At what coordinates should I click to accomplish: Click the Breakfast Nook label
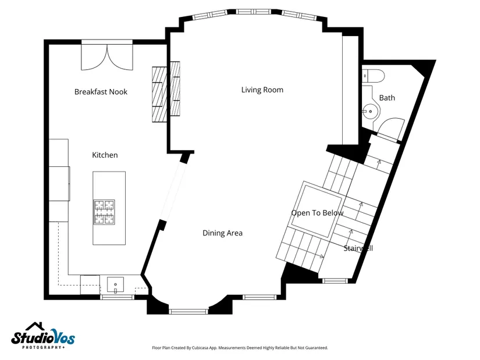tap(101, 92)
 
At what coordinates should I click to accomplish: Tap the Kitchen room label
tap(105, 155)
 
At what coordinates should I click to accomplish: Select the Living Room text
tap(262, 90)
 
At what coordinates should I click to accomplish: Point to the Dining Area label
tap(223, 233)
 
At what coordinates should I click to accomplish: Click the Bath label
tap(387, 98)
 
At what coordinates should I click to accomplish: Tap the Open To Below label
tap(317, 213)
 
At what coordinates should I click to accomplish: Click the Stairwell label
tap(358, 248)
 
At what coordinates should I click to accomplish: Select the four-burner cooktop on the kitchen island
tap(104, 212)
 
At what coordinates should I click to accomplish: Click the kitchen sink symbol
tap(115, 285)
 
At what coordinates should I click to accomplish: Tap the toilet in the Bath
tap(373, 76)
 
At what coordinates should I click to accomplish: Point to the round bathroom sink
tap(371, 111)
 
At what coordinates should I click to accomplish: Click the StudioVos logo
tap(43, 336)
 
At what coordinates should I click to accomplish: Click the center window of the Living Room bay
tap(254, 12)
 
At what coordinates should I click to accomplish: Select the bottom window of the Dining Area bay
tap(189, 312)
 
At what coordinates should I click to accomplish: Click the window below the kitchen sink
tap(117, 297)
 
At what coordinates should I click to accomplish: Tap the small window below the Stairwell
tap(336, 280)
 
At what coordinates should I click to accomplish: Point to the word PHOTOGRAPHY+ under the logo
tap(44, 347)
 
